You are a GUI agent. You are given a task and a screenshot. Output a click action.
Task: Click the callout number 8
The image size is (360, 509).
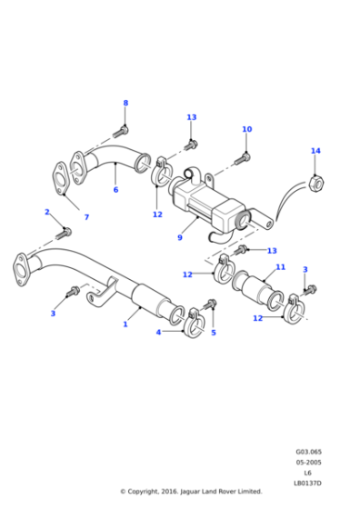[125, 103]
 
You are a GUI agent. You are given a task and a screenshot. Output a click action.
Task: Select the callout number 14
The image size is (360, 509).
[315, 151]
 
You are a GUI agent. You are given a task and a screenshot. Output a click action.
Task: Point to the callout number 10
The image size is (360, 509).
[246, 129]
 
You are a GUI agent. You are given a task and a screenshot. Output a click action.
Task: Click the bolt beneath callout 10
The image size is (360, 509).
[242, 159]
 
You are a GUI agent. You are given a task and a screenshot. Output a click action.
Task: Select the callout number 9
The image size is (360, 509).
[180, 237]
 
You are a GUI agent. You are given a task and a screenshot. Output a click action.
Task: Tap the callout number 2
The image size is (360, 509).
[47, 212]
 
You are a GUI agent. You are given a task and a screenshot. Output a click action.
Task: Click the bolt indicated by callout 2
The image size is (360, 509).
[64, 234]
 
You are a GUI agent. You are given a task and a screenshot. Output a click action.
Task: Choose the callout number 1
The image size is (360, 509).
[125, 324]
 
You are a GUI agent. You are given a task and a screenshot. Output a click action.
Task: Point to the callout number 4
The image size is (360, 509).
[158, 332]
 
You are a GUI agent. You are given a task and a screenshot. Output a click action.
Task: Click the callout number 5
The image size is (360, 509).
[214, 333]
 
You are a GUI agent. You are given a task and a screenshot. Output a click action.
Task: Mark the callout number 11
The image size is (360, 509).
[281, 267]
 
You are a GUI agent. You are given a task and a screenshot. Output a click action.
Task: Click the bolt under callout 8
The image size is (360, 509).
[120, 132]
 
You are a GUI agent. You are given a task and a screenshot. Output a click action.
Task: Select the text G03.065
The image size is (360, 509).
[308, 452]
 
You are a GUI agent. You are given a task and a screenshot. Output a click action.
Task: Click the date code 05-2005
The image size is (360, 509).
[308, 462]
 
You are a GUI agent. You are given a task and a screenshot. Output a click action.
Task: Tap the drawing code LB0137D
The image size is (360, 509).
[307, 483]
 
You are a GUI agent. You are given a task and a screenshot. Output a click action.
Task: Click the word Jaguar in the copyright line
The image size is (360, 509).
[190, 492]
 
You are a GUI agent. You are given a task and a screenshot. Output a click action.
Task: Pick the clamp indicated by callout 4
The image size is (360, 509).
[195, 323]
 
